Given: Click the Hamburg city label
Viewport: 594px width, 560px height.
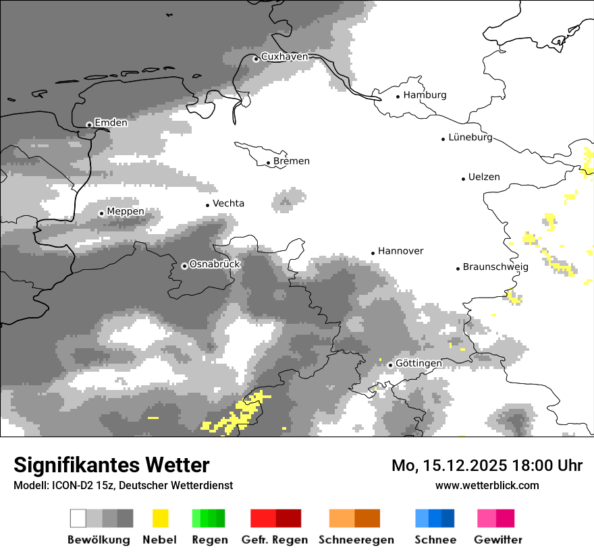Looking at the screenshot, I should tap(425, 95).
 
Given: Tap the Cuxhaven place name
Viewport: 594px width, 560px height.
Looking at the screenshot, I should tap(284, 57).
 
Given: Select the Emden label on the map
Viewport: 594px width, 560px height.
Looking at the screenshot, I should tap(111, 123).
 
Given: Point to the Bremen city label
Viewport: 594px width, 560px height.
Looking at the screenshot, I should tap(292, 161).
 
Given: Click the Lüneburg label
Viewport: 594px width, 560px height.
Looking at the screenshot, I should tap(470, 138).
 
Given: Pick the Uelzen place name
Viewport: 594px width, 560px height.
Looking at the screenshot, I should tap(484, 177).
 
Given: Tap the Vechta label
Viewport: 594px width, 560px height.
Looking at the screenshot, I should tap(228, 203).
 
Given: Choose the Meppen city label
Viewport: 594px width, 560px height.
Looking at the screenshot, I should tap(126, 212).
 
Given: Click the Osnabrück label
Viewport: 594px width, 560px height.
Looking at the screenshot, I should tap(215, 264).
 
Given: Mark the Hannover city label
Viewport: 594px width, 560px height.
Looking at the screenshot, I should tap(400, 251).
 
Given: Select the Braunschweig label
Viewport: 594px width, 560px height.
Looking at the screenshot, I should tap(495, 267).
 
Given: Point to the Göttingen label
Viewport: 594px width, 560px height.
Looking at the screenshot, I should tap(418, 364).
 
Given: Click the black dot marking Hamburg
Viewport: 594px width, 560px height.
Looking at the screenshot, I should tap(398, 96).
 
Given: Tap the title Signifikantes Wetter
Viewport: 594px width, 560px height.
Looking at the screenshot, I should tap(111, 466).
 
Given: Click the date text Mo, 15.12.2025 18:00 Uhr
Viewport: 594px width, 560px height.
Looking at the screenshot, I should tap(487, 466).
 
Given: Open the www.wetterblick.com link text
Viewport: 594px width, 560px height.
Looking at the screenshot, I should tap(487, 485).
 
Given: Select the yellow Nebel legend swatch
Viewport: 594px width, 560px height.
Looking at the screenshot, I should tap(160, 518).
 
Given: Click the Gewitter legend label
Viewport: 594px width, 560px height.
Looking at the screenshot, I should tap(498, 540).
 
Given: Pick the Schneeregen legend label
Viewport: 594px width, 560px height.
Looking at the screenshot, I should tap(356, 540).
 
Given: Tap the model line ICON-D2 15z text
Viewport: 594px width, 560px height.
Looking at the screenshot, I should tap(123, 486).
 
